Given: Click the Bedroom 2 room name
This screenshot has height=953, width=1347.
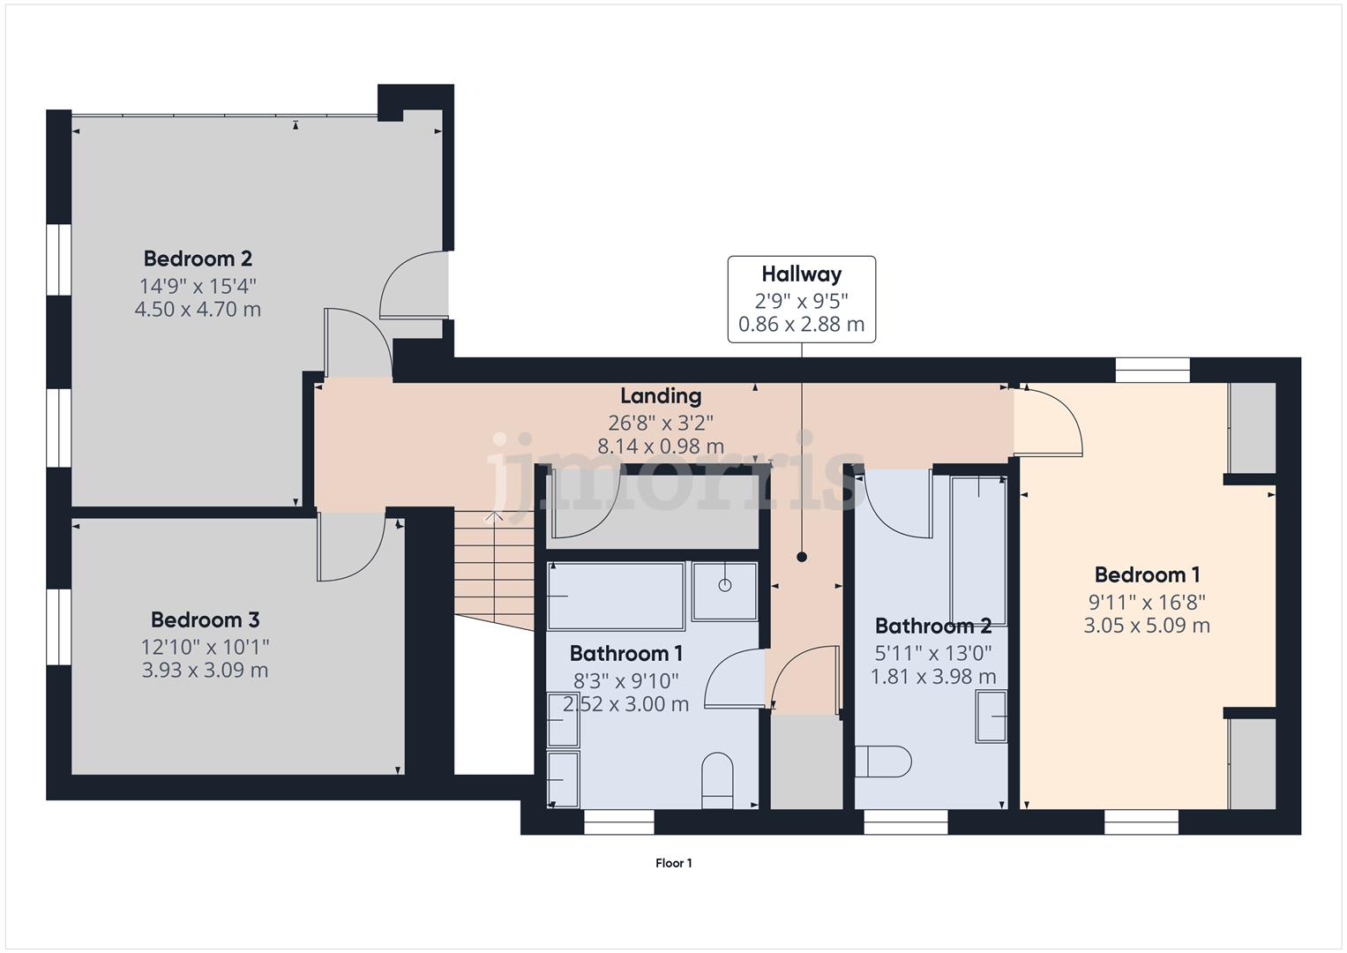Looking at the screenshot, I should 198,259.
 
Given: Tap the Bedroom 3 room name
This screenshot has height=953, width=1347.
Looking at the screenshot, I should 205,619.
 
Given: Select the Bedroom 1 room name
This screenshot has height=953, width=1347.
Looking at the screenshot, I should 1147,575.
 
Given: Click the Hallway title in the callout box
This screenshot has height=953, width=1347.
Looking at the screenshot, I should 801,274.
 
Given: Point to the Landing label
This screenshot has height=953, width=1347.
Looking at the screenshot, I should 661,396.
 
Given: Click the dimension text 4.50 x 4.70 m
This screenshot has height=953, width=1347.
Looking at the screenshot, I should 198,310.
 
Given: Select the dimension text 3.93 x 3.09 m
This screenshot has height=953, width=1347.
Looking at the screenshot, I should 205,671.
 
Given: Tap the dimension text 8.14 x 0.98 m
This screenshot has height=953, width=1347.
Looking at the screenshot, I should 661,446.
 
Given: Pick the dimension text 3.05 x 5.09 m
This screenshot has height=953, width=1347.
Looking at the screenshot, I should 1147,626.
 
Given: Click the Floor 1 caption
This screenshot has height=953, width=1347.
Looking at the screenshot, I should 673,863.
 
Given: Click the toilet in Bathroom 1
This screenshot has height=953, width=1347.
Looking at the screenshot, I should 717,779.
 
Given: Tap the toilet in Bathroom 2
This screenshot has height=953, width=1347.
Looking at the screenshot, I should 884,762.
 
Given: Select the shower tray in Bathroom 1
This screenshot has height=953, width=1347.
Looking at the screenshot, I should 724,589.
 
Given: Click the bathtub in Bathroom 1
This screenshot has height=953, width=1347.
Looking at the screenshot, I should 616,597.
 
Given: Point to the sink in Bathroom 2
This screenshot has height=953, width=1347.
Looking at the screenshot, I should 992,716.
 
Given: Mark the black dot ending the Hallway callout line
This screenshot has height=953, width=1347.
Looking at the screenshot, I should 802,557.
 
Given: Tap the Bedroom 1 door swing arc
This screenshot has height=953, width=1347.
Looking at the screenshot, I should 1050,424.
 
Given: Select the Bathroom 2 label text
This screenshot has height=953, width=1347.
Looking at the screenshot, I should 933,627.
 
